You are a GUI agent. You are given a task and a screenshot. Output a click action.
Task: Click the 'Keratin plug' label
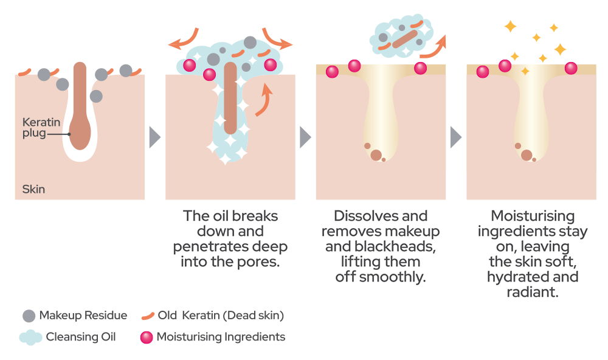click(x=35, y=127)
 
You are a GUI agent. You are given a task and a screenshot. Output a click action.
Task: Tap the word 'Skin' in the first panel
click(x=33, y=189)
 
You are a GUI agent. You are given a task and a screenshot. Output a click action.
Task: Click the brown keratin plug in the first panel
click(x=80, y=109)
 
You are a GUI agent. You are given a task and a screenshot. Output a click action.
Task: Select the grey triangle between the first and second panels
click(x=154, y=137)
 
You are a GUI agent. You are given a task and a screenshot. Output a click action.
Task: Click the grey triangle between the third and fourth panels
click(x=455, y=137)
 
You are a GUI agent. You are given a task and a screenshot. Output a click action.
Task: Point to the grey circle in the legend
click(x=29, y=316)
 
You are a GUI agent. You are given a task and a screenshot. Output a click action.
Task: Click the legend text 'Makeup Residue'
click(x=83, y=316)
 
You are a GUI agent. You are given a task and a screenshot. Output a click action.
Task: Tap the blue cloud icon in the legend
click(x=30, y=337)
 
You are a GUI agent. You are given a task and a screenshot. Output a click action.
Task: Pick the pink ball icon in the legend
click(x=146, y=337)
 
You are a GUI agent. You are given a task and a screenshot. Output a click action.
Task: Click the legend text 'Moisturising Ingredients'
click(x=221, y=337)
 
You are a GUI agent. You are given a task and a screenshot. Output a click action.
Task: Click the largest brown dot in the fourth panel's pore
click(x=527, y=155)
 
